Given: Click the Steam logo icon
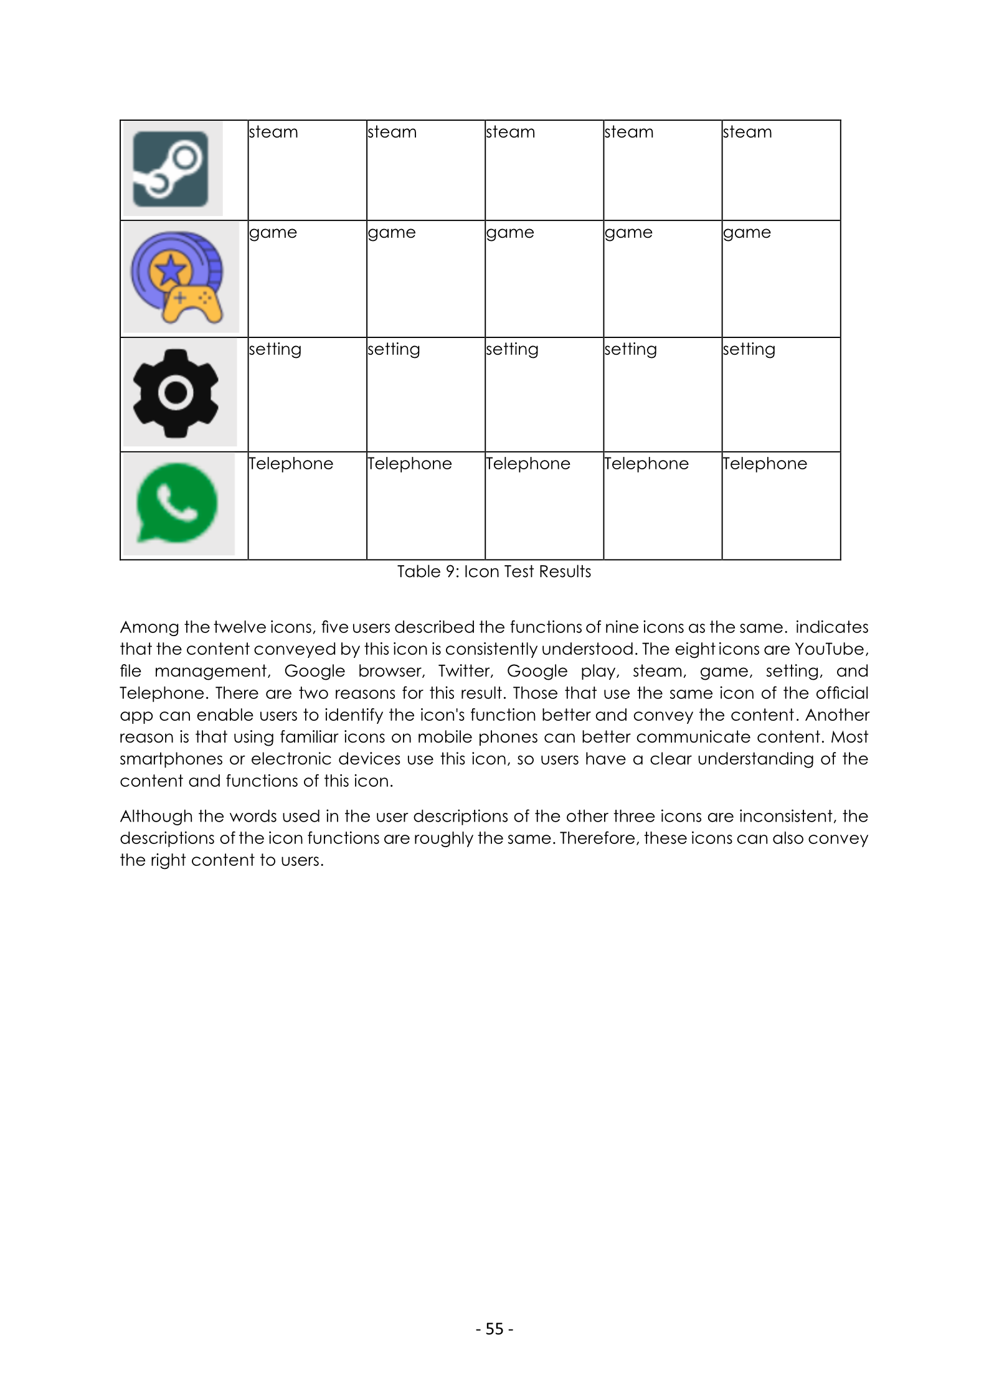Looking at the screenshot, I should coord(170,169).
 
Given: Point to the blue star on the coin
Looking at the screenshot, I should coord(171,270).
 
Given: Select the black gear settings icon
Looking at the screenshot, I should coord(176,393).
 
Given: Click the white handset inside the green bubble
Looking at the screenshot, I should coord(177,502).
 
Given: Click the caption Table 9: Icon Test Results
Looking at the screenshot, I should coord(494,571).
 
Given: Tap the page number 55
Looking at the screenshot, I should coord(494,1328).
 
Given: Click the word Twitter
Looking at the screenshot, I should coord(465,671).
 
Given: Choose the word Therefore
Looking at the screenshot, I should coord(600,838).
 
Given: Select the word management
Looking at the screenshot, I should coord(211,671).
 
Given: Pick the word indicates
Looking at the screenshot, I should coord(831,627).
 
